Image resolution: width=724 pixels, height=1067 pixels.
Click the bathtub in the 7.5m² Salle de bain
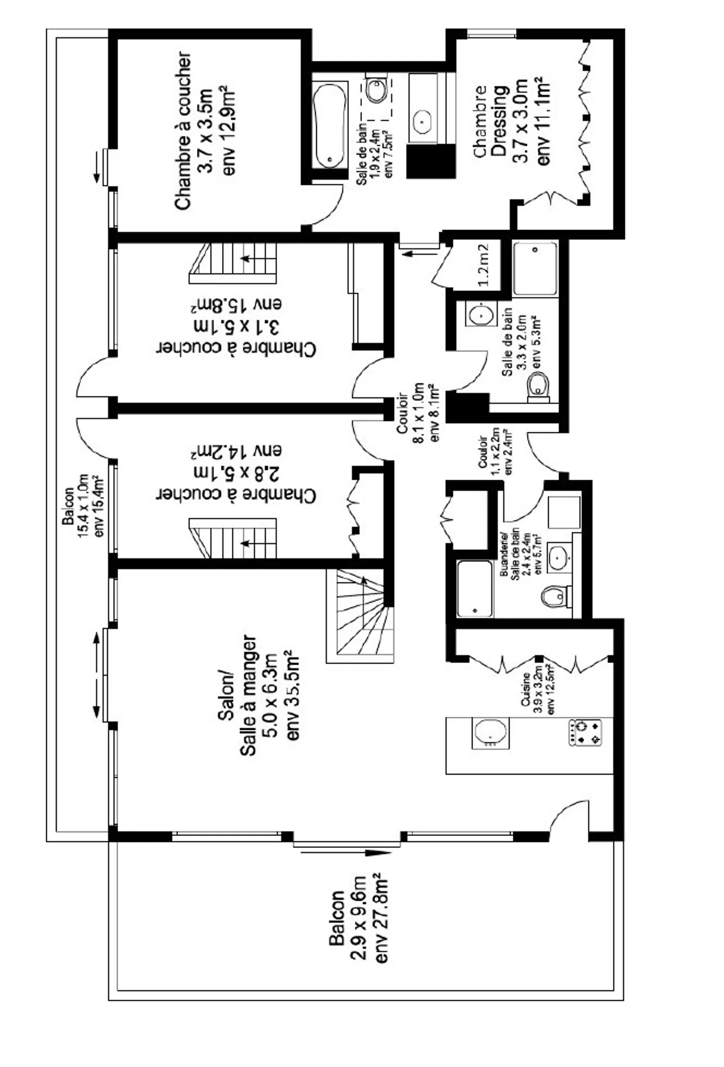pos(330,125)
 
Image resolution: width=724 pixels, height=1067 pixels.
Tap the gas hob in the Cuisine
pos(585,733)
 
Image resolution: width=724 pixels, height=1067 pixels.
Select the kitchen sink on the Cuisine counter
pos(490,733)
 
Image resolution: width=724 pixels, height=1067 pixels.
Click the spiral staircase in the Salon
pos(360,616)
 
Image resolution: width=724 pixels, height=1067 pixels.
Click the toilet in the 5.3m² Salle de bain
pos(539,388)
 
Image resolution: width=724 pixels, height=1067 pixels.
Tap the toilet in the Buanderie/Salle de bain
pos(555,596)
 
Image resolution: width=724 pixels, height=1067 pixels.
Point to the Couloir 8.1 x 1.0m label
pos(418,413)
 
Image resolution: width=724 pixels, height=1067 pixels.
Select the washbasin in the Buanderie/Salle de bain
pos(559,557)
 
